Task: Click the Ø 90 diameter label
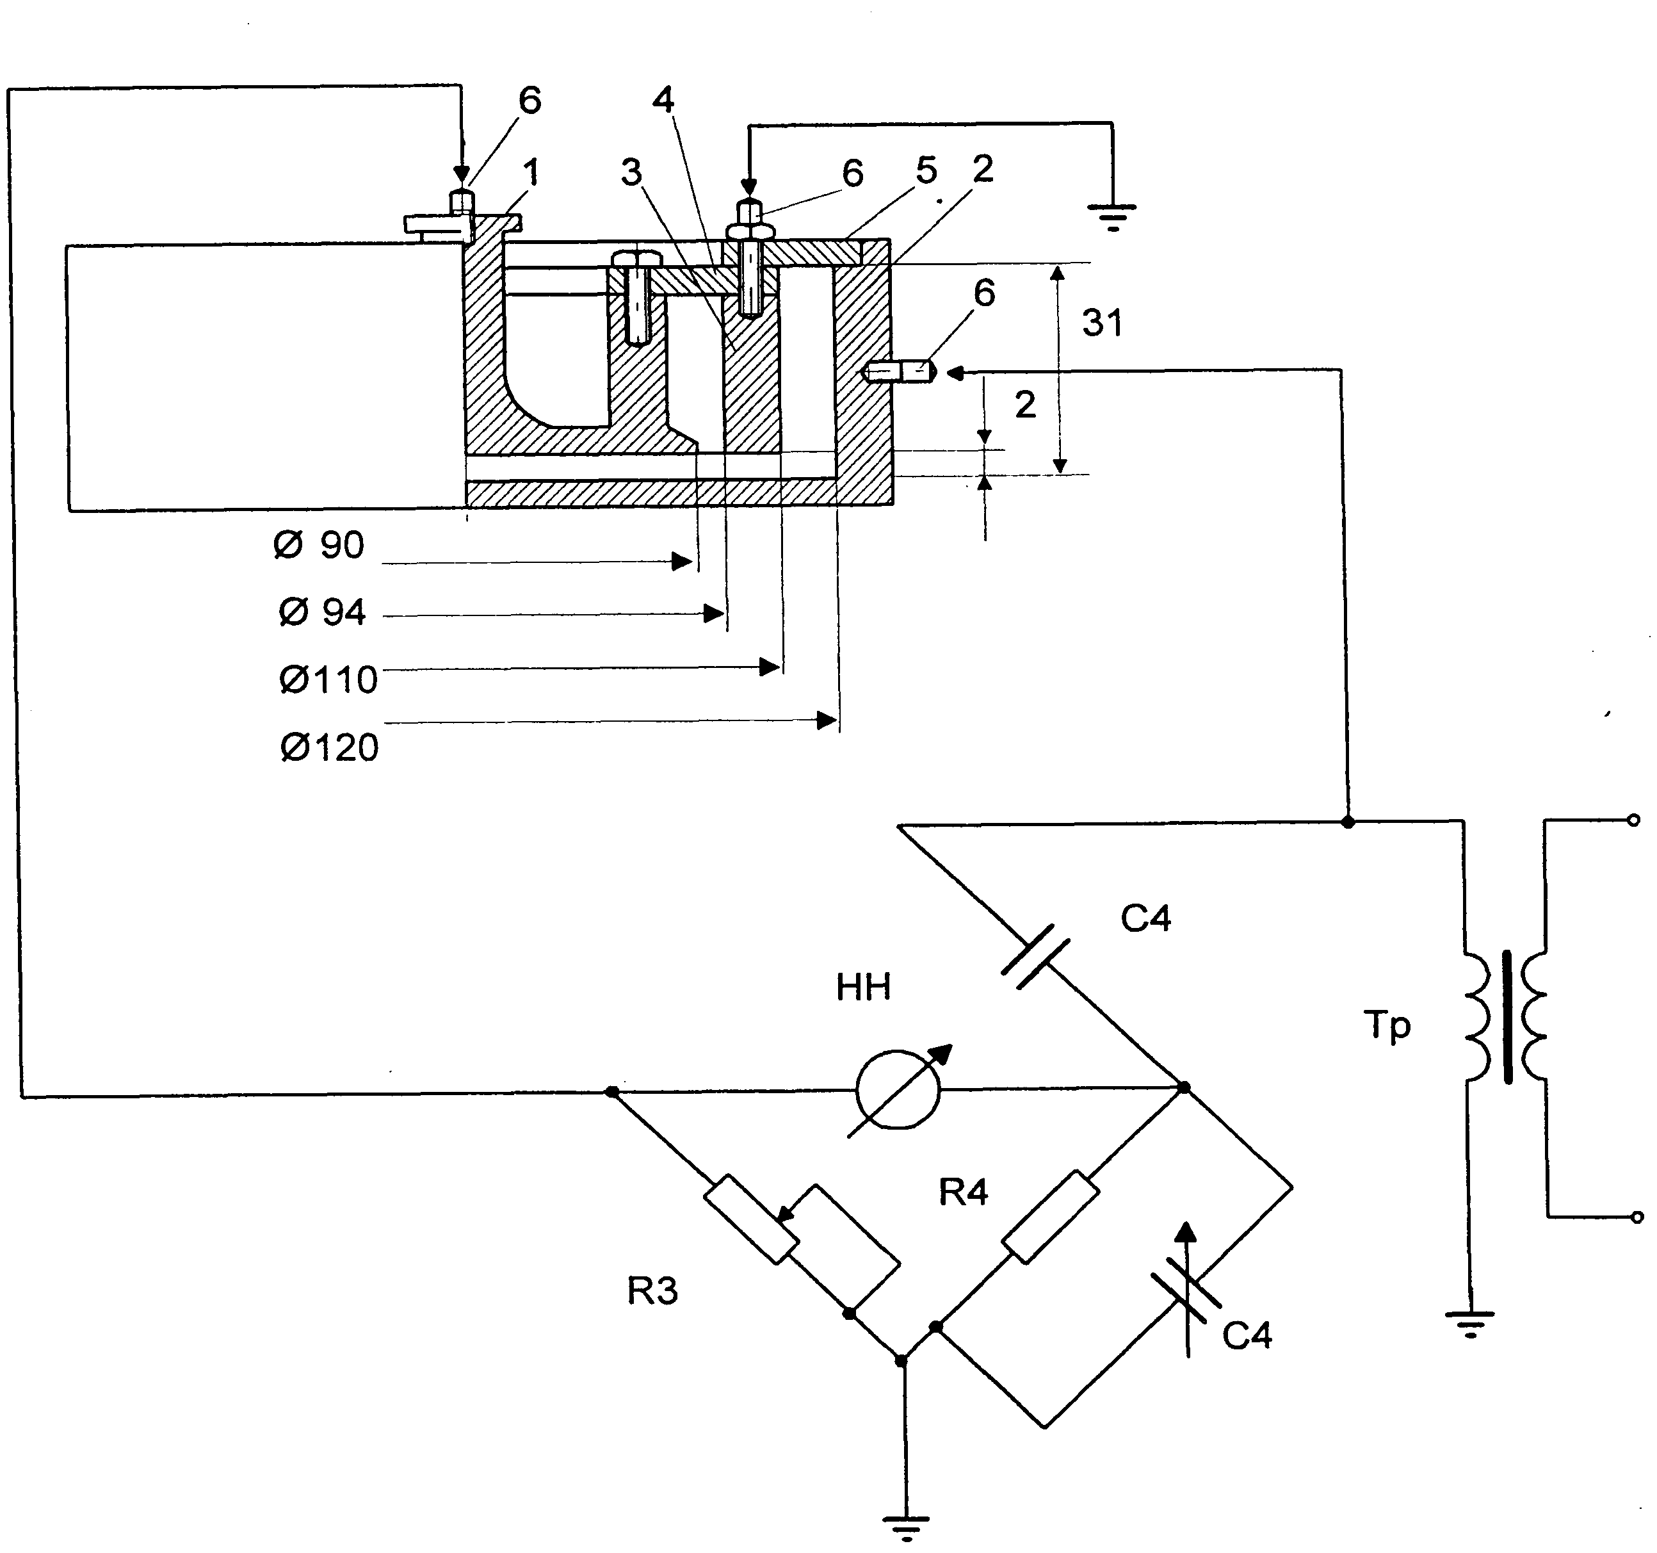(x=319, y=545)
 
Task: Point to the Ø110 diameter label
(x=328, y=680)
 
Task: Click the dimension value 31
(x=1102, y=323)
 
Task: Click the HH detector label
(x=864, y=988)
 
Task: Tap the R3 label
(x=652, y=1291)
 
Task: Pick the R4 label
(x=964, y=1193)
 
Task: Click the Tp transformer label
(x=1387, y=1025)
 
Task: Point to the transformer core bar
(x=1508, y=1017)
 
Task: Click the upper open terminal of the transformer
(x=1635, y=820)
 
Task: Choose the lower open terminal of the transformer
(x=1636, y=1217)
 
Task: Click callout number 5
(x=926, y=170)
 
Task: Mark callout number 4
(x=663, y=100)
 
